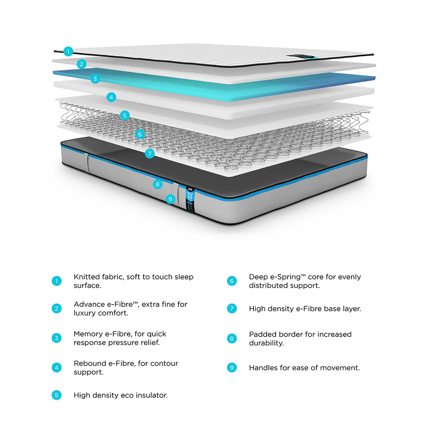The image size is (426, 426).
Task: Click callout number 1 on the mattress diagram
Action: [x=68, y=52]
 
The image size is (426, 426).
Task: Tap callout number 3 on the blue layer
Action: [x=95, y=78]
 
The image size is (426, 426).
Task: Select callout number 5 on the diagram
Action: [x=124, y=115]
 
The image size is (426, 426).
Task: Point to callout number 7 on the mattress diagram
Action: [x=149, y=154]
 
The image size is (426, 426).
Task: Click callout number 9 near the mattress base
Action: [x=170, y=199]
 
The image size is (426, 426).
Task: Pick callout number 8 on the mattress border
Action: [x=158, y=184]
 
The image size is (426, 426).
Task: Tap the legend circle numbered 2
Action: [x=57, y=308]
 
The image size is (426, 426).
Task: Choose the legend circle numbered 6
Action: [x=232, y=281]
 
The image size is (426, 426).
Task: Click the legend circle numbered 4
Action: [x=57, y=368]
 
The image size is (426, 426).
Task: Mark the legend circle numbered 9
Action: [x=232, y=368]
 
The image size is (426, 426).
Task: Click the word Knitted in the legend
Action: [x=86, y=277]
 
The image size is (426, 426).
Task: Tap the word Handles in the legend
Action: [x=263, y=368]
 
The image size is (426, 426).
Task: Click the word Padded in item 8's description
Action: [x=262, y=334]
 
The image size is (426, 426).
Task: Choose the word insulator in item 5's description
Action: [x=151, y=395]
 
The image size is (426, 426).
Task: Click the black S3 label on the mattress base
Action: [x=190, y=198]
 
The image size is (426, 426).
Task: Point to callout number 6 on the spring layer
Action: [x=139, y=134]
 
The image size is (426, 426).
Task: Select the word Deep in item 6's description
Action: [x=258, y=277]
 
